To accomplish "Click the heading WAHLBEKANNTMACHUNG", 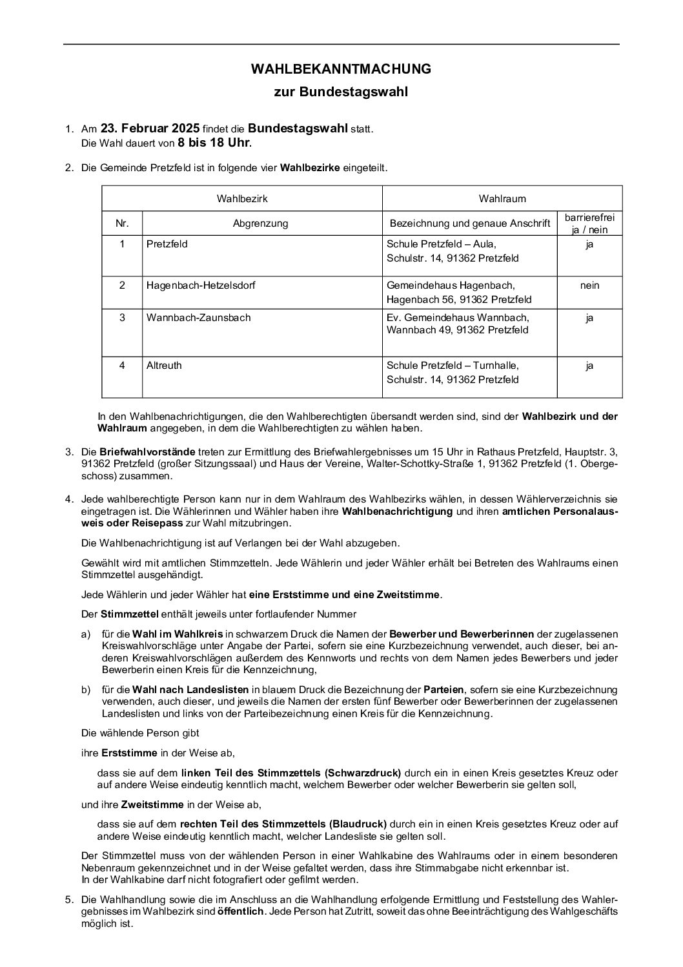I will point(341,68).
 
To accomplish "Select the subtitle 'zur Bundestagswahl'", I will point(341,92).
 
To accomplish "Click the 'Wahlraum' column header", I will point(502,198).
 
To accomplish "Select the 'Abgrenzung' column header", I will point(261,224).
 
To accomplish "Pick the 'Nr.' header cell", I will point(122,224).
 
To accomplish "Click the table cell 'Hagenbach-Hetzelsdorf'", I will point(201,285).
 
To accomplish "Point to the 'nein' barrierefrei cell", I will point(589,285).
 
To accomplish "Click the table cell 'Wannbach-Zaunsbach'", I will point(199,317).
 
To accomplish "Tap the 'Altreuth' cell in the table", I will point(164,365).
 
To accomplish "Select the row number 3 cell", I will point(122,317).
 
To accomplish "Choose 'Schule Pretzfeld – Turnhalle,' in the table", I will point(453,365).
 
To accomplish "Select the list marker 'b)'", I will point(86,690).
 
